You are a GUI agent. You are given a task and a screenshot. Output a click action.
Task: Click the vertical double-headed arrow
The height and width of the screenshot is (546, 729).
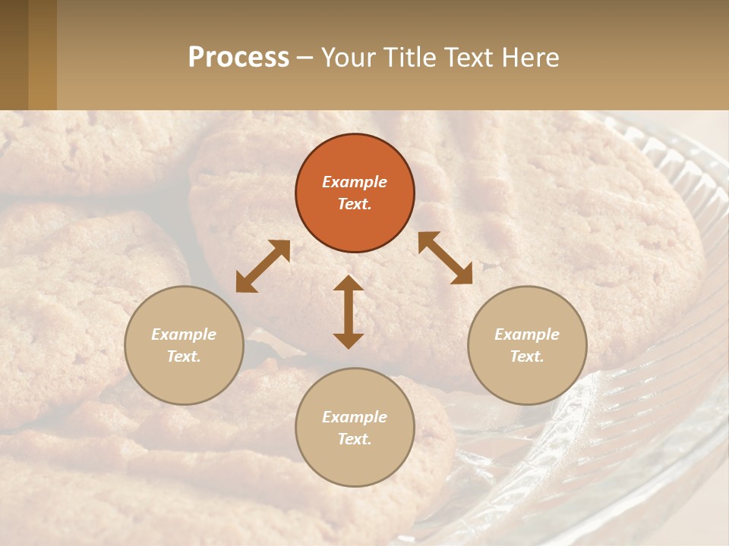[349, 312]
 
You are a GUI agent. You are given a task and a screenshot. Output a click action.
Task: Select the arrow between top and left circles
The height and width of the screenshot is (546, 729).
[263, 266]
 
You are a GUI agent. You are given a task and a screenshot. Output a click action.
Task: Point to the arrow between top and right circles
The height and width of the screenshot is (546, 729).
[445, 258]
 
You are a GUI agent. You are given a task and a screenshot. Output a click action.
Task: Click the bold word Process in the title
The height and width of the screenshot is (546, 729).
[238, 57]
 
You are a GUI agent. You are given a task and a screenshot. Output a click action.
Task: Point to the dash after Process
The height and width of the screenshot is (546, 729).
[305, 58]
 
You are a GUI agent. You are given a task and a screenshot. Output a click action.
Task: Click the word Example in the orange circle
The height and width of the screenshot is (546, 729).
[355, 182]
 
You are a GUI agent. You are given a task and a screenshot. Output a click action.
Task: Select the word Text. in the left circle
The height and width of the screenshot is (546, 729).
[184, 356]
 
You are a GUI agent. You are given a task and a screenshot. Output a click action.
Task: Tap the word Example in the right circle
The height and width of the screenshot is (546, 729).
[527, 334]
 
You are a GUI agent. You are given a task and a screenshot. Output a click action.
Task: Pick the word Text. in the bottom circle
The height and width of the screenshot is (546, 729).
[355, 439]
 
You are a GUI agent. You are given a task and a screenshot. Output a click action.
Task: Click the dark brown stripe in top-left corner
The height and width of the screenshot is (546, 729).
[14, 55]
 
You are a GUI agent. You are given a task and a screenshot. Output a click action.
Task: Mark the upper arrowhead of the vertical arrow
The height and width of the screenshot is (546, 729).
[349, 284]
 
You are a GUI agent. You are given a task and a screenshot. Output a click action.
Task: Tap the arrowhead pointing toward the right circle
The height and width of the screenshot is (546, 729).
[462, 275]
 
